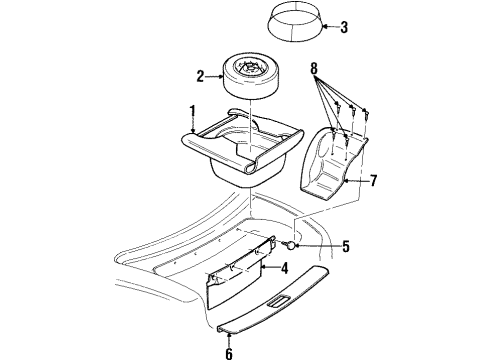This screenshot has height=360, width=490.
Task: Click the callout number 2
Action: click(201, 74)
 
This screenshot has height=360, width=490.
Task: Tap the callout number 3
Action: click(344, 27)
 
